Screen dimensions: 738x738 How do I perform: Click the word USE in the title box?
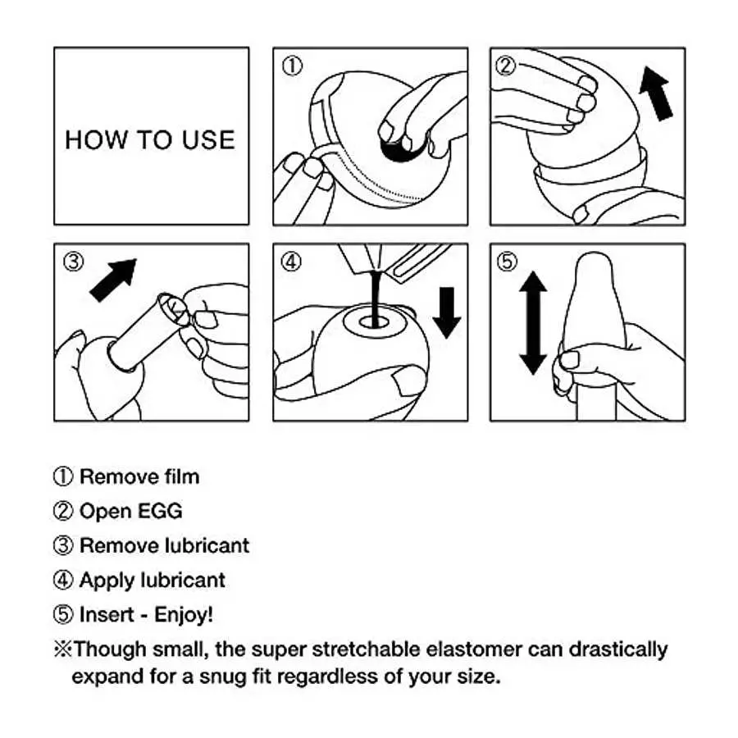pos(208,139)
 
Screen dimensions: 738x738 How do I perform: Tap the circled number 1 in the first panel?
pos(292,66)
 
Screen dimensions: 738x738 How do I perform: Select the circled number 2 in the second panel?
pos(506,66)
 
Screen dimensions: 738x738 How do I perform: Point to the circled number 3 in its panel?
pos(74,262)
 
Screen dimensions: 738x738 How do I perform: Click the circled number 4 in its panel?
pos(291,262)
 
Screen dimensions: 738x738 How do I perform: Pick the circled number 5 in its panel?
pos(507,262)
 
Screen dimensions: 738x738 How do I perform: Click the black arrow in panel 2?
pos(656,93)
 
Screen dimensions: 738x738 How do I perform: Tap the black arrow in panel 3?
pos(113,280)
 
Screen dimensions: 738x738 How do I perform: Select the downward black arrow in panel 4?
pos(447,312)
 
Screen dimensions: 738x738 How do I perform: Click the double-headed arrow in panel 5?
pos(533,323)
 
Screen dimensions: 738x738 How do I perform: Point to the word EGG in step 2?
pos(160,511)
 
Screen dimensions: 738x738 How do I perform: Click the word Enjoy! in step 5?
pos(184,615)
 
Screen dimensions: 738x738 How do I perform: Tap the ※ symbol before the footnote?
pos(62,649)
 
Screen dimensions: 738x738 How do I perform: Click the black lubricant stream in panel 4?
pos(375,298)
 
